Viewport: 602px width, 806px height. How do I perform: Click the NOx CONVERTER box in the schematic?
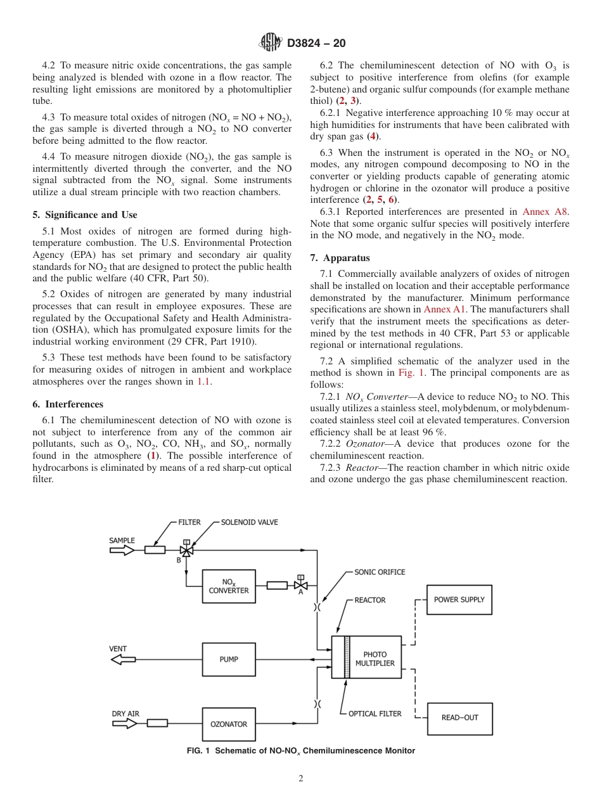click(x=229, y=586)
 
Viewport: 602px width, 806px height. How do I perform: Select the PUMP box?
click(x=229, y=660)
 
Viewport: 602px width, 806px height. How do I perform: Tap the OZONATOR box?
click(x=229, y=724)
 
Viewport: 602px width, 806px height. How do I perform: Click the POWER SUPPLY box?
click(x=459, y=599)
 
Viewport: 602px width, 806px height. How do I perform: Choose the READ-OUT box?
click(x=459, y=718)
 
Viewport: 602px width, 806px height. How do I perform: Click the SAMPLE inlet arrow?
click(x=122, y=550)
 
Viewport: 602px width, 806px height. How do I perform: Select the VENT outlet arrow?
click(x=123, y=660)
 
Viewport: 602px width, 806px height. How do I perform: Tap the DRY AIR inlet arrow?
click(x=124, y=723)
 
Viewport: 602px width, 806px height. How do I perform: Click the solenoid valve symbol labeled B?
click(x=186, y=550)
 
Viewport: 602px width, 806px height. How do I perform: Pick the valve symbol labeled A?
click(x=301, y=585)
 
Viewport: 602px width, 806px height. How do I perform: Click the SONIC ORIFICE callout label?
click(x=379, y=572)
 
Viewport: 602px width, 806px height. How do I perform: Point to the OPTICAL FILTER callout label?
click(x=375, y=713)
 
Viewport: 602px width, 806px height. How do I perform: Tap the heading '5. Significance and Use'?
click(x=85, y=215)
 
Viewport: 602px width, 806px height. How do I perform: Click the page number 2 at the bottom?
click(x=301, y=779)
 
